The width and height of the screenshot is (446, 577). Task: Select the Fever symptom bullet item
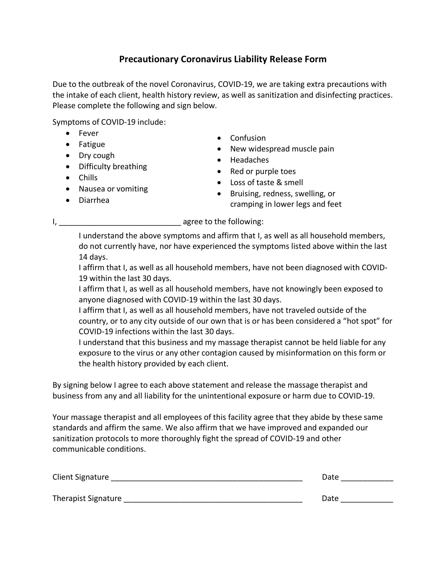88,133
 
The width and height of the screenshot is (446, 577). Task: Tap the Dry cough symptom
96,156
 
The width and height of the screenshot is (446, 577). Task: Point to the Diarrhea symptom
94,200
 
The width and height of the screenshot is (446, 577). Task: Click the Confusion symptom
248,138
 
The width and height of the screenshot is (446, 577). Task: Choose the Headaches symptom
249,160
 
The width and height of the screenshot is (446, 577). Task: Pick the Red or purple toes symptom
263,172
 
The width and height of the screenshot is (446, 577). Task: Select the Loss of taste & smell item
266,183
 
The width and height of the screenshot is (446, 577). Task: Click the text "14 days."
93,257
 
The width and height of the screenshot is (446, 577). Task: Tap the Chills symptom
88,178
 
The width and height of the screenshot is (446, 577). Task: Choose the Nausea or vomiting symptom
113,189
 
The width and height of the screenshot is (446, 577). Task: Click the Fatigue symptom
92,145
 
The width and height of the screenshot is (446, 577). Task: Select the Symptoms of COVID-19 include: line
109,122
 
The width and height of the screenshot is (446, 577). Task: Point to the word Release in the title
286,59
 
